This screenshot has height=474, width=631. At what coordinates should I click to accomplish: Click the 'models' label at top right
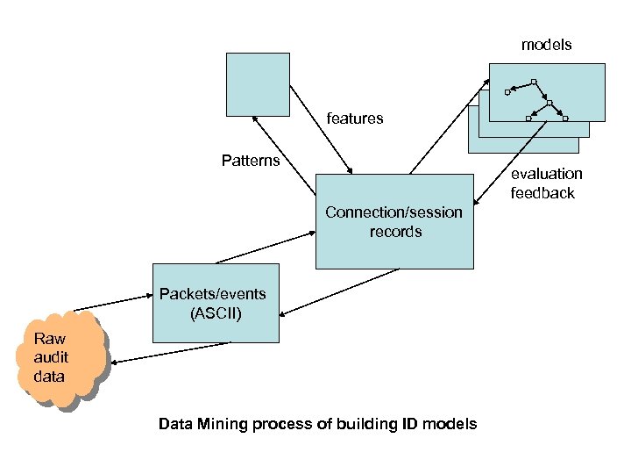click(x=546, y=45)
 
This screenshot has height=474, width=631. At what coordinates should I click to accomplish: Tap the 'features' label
click(x=355, y=118)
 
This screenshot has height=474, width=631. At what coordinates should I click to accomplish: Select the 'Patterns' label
click(x=251, y=161)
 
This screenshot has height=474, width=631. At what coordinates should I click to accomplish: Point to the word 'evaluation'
click(x=546, y=174)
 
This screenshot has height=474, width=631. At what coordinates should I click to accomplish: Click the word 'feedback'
click(x=542, y=193)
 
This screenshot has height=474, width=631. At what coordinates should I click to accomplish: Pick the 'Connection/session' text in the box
click(x=393, y=212)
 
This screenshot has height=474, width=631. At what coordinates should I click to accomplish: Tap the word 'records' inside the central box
click(x=395, y=232)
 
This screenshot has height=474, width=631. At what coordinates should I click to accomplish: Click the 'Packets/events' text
click(x=212, y=293)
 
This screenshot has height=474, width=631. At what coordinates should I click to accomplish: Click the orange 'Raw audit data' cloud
click(x=60, y=359)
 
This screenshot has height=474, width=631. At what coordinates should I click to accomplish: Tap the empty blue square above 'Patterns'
click(x=257, y=84)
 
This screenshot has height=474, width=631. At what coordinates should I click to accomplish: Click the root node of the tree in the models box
click(x=535, y=83)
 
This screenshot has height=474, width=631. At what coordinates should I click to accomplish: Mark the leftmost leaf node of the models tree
click(x=507, y=92)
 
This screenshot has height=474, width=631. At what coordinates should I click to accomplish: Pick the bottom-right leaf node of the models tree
click(x=565, y=118)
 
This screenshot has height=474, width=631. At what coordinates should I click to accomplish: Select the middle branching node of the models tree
click(x=549, y=103)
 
